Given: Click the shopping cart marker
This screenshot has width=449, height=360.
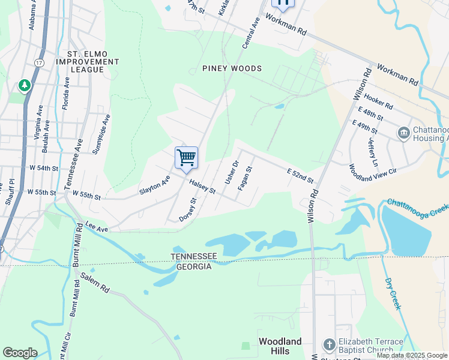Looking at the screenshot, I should point(187,158).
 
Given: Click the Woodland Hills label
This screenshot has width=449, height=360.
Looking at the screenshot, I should point(280,346).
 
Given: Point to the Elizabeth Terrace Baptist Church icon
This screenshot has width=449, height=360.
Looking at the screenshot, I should point(329,344).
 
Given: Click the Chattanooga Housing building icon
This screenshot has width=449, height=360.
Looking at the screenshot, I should point(403,133).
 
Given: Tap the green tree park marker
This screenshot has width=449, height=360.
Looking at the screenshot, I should point(25,86).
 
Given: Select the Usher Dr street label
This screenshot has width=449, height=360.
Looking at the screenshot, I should point(231,172).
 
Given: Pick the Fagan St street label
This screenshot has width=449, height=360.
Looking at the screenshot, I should point(245,178).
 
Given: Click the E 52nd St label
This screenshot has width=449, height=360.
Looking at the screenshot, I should point(300,176).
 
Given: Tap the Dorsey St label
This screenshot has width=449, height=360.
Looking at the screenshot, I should point(188,210).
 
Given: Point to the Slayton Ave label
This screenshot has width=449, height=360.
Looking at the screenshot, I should point(155,185).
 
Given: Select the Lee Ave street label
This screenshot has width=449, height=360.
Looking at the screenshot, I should point(97,227).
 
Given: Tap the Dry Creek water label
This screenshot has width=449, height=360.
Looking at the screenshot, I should point(393,292).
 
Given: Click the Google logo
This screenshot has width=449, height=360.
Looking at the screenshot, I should point(20,353).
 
